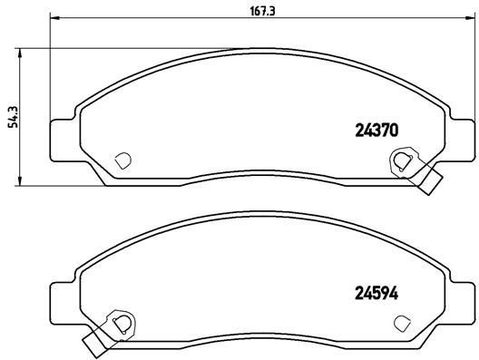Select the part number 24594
pyautogui.click(x=374, y=292)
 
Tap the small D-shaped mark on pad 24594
pyautogui.click(x=402, y=321)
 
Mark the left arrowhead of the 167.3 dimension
pyautogui.click(x=53, y=16)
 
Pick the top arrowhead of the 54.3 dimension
pyautogui.click(x=23, y=50)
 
